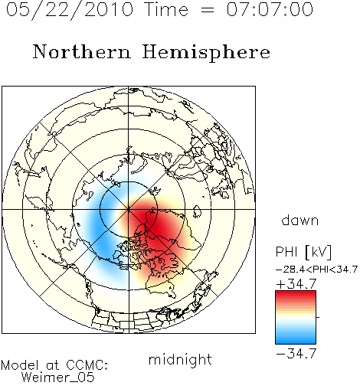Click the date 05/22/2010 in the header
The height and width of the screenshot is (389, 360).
(x=70, y=10)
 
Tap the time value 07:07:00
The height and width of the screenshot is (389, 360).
(x=270, y=9)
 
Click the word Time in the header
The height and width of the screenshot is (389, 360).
(x=166, y=9)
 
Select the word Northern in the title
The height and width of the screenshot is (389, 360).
(x=82, y=51)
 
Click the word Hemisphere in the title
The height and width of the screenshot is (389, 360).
(x=206, y=53)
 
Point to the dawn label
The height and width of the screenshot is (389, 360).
(x=300, y=221)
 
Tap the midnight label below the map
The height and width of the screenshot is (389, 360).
(x=180, y=359)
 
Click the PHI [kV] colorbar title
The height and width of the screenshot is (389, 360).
(x=303, y=252)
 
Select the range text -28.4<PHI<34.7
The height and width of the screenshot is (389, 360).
(x=316, y=270)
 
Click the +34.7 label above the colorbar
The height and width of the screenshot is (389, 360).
(x=296, y=284)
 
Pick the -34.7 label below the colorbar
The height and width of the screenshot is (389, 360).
(x=296, y=354)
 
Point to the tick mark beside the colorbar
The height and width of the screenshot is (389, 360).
(x=318, y=317)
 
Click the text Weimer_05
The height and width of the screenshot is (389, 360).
(x=58, y=377)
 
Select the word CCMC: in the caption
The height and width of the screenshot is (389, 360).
(x=87, y=365)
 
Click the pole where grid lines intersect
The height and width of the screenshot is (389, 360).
(x=129, y=209)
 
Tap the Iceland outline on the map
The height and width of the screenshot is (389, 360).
(x=197, y=211)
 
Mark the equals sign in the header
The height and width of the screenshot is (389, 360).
(x=207, y=10)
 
